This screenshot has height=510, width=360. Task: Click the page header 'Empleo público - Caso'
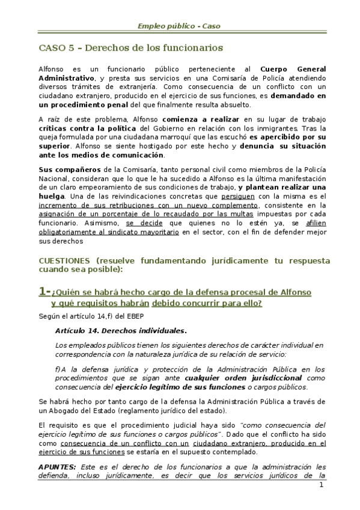click(x=180, y=26)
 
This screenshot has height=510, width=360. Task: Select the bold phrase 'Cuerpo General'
click(x=293, y=69)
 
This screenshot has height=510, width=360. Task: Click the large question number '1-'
click(x=44, y=291)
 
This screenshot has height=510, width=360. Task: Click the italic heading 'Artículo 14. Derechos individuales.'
click(x=120, y=331)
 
